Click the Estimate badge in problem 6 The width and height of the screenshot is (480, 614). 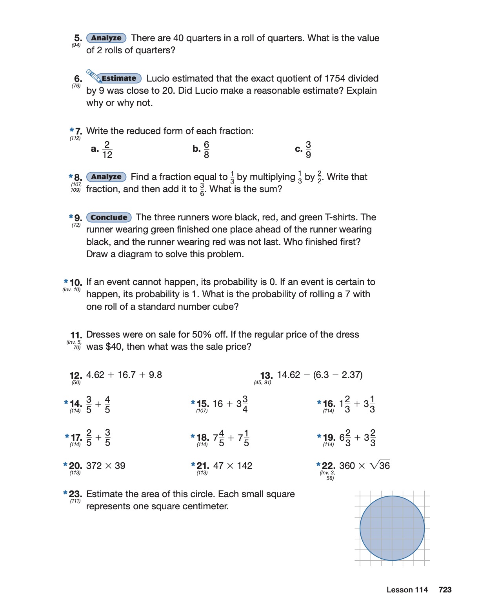[x=119, y=78]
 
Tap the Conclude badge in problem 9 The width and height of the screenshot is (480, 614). [x=109, y=218]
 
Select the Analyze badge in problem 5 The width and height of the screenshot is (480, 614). [x=106, y=38]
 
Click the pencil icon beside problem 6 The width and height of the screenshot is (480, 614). [x=93, y=75]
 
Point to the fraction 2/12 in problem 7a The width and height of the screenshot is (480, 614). [x=107, y=150]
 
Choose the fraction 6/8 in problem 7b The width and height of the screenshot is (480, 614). [x=206, y=150]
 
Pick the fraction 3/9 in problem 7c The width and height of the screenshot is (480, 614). [x=308, y=150]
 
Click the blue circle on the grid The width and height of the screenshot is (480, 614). [x=392, y=528]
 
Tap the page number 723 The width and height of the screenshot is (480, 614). [x=445, y=590]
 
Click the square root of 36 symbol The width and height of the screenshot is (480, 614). [x=380, y=465]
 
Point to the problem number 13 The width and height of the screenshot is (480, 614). [x=266, y=376]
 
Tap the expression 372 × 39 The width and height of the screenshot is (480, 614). [x=106, y=466]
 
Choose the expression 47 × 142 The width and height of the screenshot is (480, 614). [x=233, y=466]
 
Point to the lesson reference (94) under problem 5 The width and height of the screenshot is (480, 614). [x=76, y=45]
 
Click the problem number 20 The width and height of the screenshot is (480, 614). [x=75, y=466]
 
